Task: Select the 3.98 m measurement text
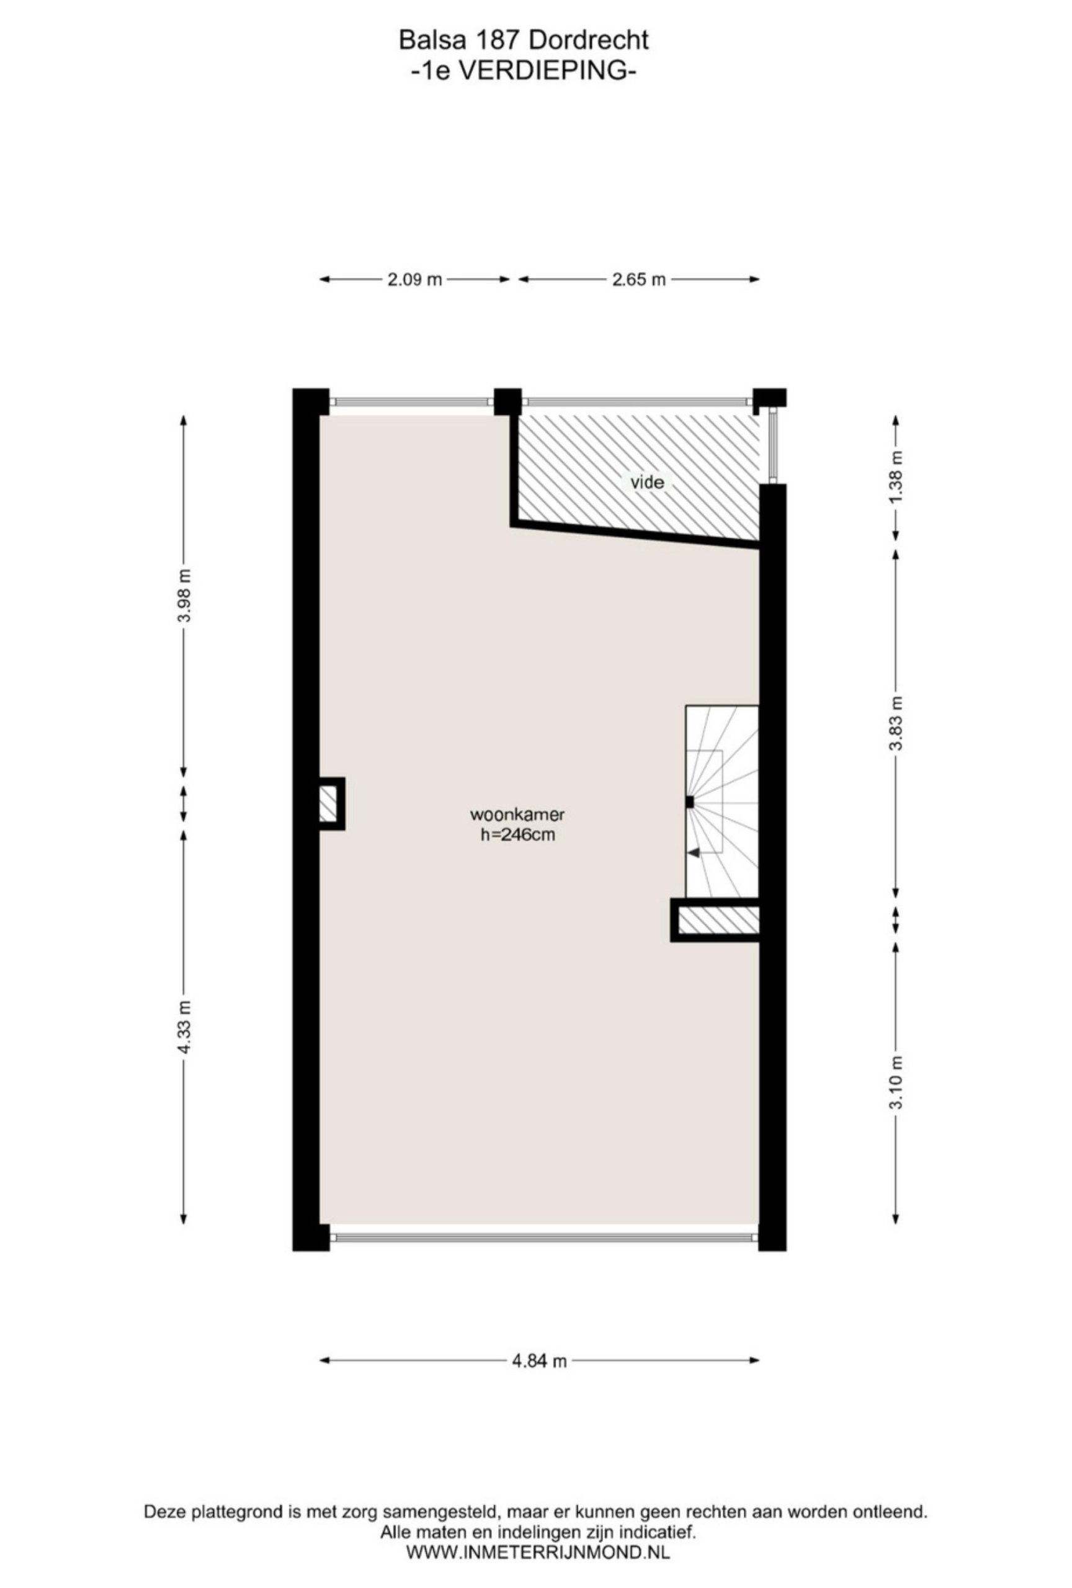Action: pos(184,596)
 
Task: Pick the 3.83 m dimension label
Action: pos(897,723)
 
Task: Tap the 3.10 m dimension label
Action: pos(897,1082)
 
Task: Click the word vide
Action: pos(647,483)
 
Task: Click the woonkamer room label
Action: pos(517,814)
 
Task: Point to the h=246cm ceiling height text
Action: pos(517,834)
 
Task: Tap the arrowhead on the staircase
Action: pos(693,853)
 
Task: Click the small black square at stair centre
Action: pos(690,802)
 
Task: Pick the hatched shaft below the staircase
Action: pos(715,921)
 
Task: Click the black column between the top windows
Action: pos(507,402)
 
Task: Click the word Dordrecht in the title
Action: pos(588,41)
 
